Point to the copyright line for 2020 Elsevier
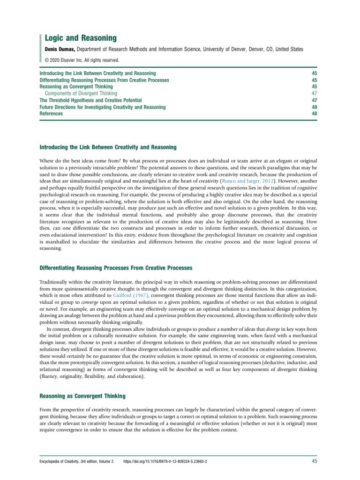(82, 60)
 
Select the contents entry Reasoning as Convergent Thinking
(76, 87)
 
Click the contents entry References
(51, 113)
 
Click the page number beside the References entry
(314, 113)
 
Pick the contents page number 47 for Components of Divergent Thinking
(314, 93)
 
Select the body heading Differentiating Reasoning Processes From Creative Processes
(116, 267)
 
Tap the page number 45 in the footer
(315, 462)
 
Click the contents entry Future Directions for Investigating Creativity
(102, 107)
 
